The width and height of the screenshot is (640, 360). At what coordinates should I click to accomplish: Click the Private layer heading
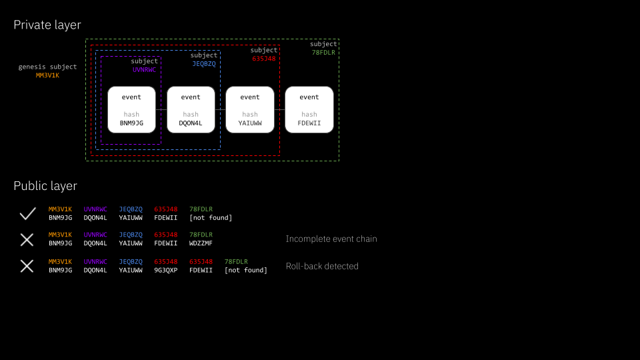(x=47, y=25)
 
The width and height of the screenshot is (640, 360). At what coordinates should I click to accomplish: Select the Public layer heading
(x=45, y=186)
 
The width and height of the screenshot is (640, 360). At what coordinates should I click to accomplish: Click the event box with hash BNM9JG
(x=131, y=109)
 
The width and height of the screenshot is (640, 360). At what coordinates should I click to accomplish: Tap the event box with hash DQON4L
(x=191, y=109)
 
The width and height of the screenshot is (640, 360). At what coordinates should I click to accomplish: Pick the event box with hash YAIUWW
(x=250, y=109)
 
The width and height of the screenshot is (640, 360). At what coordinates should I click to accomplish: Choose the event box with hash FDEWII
(x=309, y=109)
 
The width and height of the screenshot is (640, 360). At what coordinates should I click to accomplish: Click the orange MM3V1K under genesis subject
(x=47, y=75)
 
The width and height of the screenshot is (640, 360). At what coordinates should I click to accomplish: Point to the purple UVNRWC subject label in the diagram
(x=144, y=69)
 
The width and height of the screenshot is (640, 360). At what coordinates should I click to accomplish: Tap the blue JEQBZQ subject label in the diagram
(x=204, y=64)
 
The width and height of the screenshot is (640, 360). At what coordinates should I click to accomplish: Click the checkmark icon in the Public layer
(x=27, y=213)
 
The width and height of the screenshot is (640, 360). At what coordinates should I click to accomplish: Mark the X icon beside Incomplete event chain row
(x=27, y=239)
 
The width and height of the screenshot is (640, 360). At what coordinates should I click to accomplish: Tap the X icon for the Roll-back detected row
(x=27, y=266)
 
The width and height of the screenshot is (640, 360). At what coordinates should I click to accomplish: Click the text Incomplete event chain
(x=331, y=239)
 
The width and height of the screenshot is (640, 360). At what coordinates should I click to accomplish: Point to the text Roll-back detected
(x=322, y=266)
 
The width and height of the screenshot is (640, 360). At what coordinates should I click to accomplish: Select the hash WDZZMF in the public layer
(x=201, y=243)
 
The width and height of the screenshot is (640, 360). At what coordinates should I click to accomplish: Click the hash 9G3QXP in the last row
(x=165, y=270)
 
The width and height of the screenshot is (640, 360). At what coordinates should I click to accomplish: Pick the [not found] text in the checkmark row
(x=211, y=217)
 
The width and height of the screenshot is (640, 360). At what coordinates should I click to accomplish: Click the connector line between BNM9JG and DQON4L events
(x=161, y=109)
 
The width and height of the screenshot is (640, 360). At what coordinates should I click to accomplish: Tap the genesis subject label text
(x=47, y=67)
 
